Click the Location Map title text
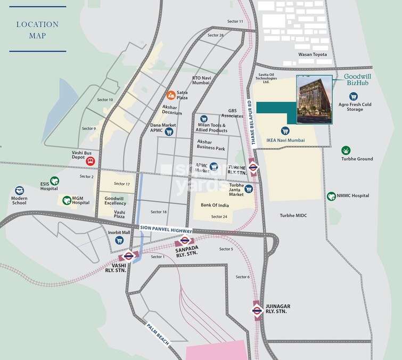37,30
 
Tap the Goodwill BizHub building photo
314,100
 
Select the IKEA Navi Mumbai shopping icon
285,130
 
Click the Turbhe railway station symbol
253,166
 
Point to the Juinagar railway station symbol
257,309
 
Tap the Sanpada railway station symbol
185,240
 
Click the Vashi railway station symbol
129,256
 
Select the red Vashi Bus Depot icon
91,161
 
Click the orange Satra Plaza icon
171,95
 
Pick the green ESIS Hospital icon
54,181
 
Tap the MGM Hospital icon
67,200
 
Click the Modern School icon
20,190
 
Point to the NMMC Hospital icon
331,196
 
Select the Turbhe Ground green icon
346,150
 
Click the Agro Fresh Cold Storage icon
353,96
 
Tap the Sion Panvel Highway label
166,228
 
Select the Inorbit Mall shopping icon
119,240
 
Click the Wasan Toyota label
313,55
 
